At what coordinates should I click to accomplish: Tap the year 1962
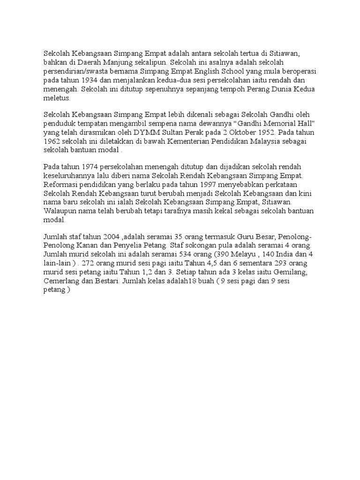point(52,142)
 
